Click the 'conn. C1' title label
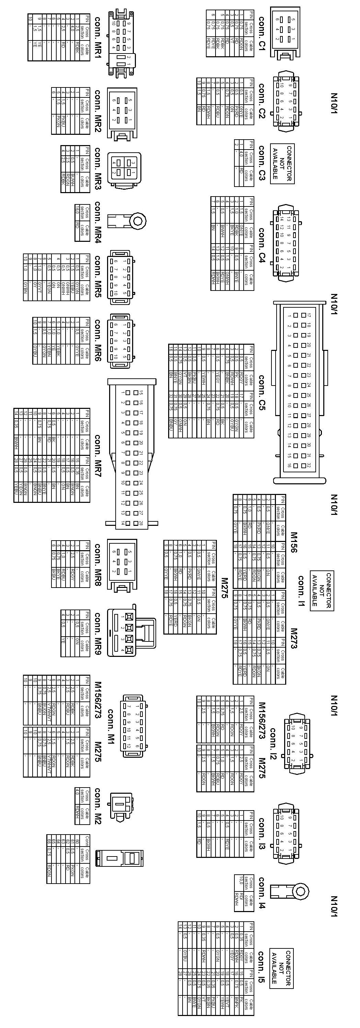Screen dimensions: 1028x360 [x=262, y=34]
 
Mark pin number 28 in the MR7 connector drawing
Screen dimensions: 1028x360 [x=140, y=523]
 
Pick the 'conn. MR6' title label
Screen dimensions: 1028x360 [x=98, y=340]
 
